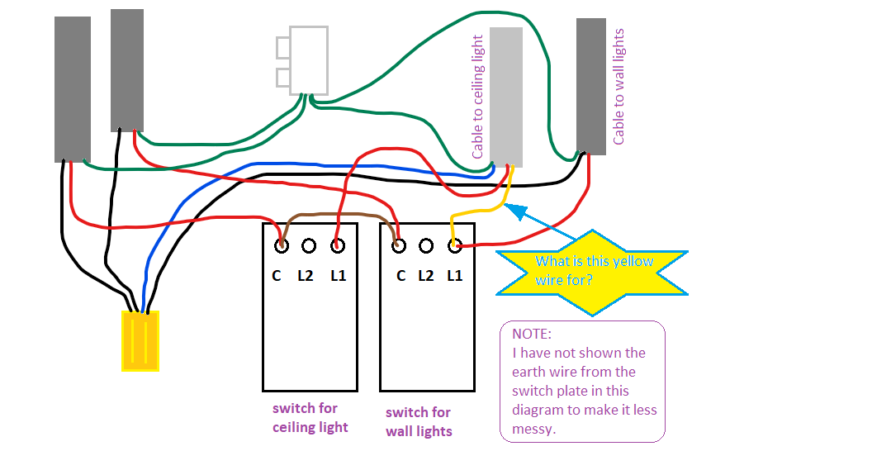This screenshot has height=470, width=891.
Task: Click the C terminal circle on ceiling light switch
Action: [281, 245]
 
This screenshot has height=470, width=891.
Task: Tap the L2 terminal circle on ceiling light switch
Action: [309, 245]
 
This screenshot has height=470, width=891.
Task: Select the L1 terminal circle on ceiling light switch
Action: [338, 245]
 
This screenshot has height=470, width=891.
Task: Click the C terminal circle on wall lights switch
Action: [399, 245]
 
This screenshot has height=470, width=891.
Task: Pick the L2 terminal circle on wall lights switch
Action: [426, 245]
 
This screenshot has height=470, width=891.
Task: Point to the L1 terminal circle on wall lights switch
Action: [454, 245]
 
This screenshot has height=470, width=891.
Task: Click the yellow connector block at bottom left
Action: [140, 340]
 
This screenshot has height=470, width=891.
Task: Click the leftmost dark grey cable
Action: [73, 89]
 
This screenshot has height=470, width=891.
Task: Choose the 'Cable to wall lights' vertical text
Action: [619, 87]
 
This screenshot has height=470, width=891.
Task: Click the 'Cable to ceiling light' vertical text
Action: [477, 97]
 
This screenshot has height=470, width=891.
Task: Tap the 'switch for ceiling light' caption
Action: [310, 418]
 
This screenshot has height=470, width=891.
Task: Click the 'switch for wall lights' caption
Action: [419, 421]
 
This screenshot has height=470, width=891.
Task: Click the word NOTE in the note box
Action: [531, 335]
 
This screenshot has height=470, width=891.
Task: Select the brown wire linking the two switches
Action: [339, 216]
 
